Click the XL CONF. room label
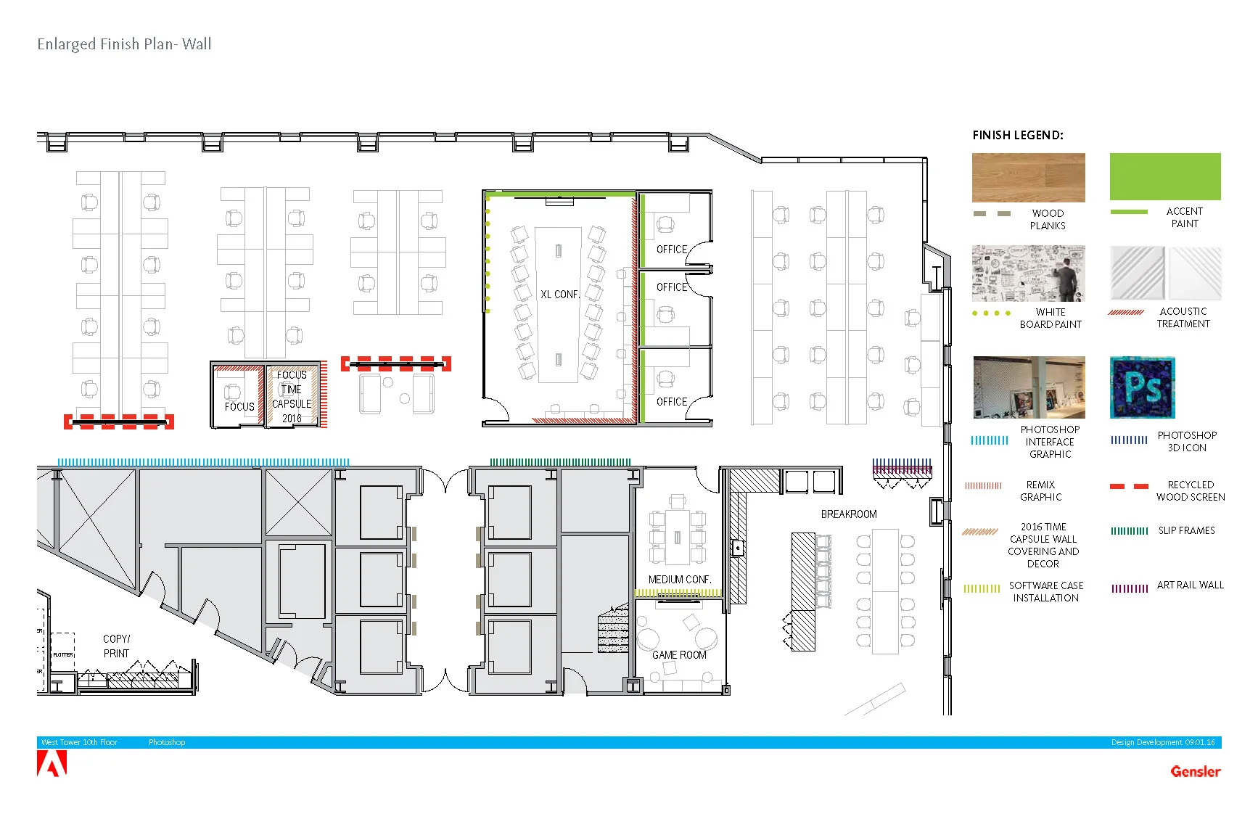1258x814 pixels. coord(559,295)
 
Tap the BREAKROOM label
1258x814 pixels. coord(849,514)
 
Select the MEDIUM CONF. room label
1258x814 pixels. coord(679,580)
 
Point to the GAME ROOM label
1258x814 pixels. coord(679,654)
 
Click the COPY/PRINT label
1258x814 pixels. coord(116,646)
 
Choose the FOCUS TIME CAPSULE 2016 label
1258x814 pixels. coord(292,396)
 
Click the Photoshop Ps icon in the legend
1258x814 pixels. coord(1142,387)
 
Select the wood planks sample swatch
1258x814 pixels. coord(1028,177)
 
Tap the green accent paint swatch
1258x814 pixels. coord(1164,176)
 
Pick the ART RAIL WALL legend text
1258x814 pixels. coord(1190,585)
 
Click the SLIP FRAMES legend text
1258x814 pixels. coord(1186,530)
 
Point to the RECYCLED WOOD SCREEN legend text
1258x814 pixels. coord(1190,490)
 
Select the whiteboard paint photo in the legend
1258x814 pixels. coord(1028,274)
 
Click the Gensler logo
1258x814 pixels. coord(1195,771)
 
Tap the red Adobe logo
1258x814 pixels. coord(52,764)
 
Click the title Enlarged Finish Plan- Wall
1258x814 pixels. coord(124,44)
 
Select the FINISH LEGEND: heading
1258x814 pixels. coord(1017,135)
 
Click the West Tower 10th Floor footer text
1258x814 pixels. coord(79,742)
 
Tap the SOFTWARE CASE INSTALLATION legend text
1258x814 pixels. coord(1045,591)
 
